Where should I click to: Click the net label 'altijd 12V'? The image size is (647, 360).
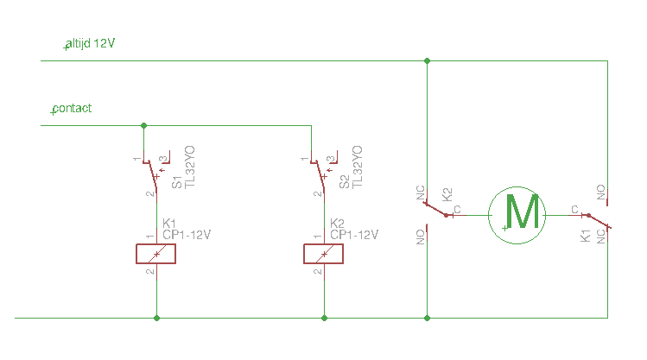pyautogui.click(x=90, y=43)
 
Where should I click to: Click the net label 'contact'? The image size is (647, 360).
pyautogui.click(x=72, y=109)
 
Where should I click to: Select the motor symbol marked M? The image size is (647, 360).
pyautogui.click(x=517, y=215)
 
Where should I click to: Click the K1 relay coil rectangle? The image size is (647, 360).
pyautogui.click(x=156, y=254)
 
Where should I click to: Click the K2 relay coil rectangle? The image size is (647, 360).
pyautogui.click(x=323, y=254)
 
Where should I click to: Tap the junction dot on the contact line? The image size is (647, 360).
pyautogui.click(x=143, y=125)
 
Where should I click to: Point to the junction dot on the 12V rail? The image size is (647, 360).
pyautogui.click(x=427, y=61)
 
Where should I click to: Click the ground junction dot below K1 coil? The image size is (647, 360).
pyautogui.click(x=157, y=318)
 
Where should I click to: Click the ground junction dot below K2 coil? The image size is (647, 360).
pyautogui.click(x=324, y=318)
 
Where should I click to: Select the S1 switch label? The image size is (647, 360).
pyautogui.click(x=176, y=182)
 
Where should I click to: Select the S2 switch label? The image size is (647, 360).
pyautogui.click(x=344, y=182)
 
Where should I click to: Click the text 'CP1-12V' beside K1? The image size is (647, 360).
pyautogui.click(x=187, y=235)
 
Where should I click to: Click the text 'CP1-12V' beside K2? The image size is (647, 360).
pyautogui.click(x=354, y=235)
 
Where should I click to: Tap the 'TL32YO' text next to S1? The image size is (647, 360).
pyautogui.click(x=189, y=167)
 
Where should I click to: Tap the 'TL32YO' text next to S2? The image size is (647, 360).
pyautogui.click(x=358, y=167)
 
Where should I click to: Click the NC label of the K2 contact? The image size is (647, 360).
pyautogui.click(x=420, y=193)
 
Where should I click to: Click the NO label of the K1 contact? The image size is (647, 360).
pyautogui.click(x=601, y=193)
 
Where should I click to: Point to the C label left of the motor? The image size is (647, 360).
pyautogui.click(x=457, y=210)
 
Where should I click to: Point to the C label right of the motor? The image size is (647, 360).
pyautogui.click(x=574, y=210)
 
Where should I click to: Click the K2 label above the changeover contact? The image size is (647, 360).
pyautogui.click(x=447, y=194)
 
